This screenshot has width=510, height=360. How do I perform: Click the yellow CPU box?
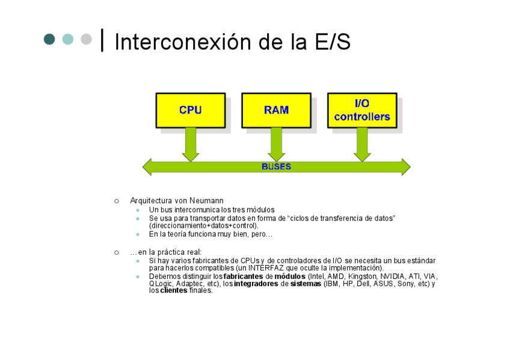tap(191, 111)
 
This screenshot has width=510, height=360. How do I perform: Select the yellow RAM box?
tap(277, 111)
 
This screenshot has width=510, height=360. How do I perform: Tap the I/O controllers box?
tap(362, 111)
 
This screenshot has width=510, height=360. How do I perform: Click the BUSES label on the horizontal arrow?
tap(276, 166)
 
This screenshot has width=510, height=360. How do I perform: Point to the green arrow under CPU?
tap(191, 145)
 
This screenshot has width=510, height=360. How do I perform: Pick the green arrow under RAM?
tap(277, 145)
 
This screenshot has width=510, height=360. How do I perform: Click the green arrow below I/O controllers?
tap(362, 145)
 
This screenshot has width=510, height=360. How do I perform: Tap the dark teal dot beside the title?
tap(49, 39)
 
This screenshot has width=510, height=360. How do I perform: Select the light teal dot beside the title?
tap(68, 39)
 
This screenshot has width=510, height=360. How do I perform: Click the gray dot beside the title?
tap(86, 39)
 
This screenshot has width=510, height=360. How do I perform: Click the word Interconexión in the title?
tap(183, 42)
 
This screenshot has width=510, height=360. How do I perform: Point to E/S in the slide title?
tap(333, 42)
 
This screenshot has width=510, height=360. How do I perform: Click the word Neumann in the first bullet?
tap(206, 201)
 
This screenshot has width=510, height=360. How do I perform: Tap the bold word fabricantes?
tap(244, 276)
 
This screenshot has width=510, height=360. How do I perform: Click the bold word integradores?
tap(256, 284)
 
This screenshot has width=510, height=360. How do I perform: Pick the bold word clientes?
tap(174, 290)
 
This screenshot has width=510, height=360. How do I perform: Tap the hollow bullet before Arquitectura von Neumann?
tap(117, 201)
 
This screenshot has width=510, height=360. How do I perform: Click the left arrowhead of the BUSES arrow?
tap(147, 167)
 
